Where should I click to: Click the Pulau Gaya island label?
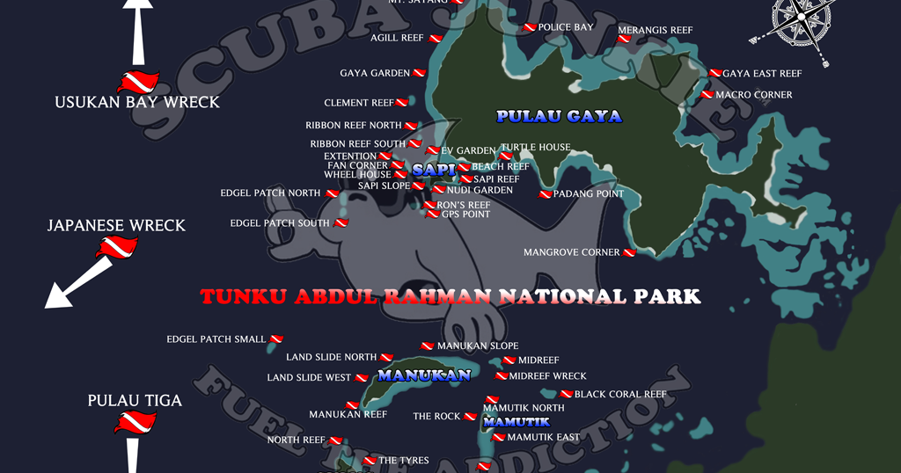559,116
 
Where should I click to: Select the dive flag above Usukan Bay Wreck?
137,82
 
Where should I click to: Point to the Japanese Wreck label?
116,225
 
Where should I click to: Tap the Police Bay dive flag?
530,28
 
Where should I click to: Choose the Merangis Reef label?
655,30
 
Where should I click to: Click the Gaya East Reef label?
762,74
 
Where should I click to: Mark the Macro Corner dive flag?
707,95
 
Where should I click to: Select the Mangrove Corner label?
571,252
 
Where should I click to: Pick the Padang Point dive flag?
546,194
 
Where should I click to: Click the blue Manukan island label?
424,375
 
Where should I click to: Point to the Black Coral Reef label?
620,395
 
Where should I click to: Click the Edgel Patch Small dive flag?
276,339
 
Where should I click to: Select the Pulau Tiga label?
135,401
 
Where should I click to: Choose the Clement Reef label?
359,103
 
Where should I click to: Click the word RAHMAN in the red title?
437,296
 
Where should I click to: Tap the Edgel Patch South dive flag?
341,223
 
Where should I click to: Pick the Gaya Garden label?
375,73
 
